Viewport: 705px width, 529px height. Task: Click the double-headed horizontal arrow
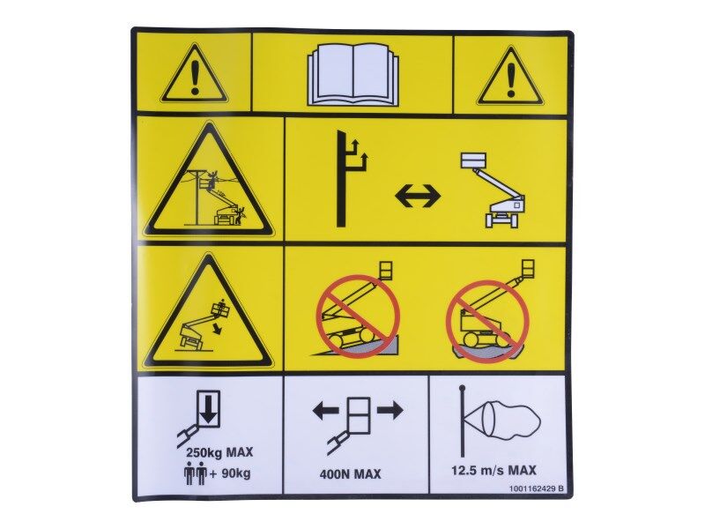coord(418,196)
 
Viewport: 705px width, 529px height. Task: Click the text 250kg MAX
coord(219,452)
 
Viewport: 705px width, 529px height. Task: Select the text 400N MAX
coord(350,474)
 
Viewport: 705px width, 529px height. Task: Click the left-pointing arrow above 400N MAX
coord(326,411)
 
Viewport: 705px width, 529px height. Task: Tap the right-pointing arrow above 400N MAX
coord(390,411)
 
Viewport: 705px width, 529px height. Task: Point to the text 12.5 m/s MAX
coord(493,471)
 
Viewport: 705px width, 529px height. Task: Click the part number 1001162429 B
coord(537,488)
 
